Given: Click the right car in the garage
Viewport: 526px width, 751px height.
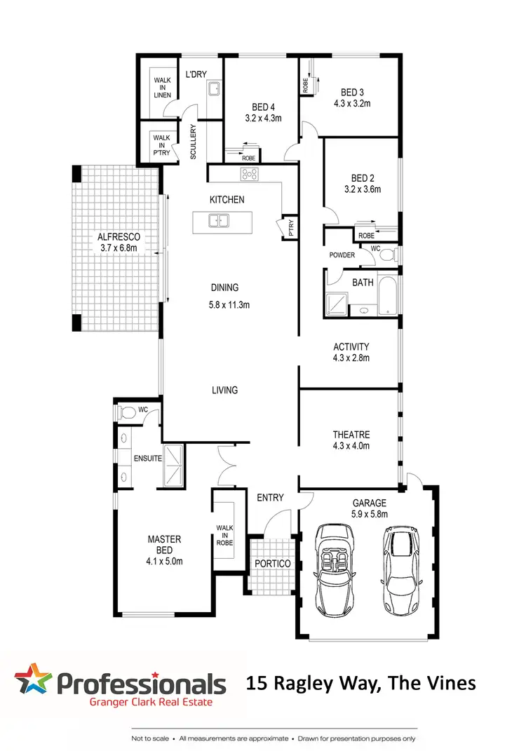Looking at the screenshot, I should (x=400, y=570).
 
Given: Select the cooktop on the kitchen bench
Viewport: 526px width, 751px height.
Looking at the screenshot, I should (x=252, y=175).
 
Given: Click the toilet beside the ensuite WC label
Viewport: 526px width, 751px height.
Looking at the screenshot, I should (x=126, y=412).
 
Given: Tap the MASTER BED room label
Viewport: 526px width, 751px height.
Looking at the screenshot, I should (x=164, y=539).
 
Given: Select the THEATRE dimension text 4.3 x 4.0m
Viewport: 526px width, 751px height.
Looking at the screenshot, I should (x=351, y=445).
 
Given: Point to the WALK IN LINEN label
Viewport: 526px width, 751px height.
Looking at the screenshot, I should (x=162, y=88).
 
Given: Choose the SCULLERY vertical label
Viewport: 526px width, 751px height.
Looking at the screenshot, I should (x=194, y=142).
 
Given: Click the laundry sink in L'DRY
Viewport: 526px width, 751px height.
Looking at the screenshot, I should (x=213, y=89).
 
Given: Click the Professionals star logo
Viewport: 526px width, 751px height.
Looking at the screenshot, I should (x=33, y=681).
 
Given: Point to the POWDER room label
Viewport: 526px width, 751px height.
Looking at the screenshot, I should (x=342, y=255).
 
